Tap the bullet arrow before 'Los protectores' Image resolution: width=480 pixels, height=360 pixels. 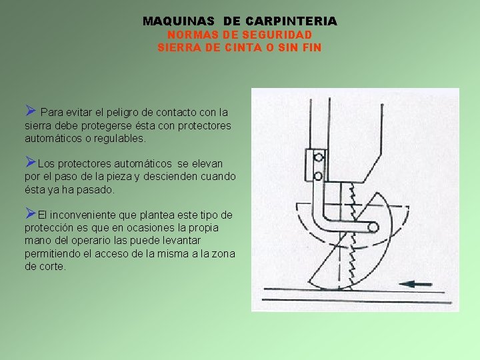click(30, 161)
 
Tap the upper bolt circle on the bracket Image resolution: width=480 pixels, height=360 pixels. click(319, 158)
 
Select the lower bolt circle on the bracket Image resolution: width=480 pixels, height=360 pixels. click(319, 176)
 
